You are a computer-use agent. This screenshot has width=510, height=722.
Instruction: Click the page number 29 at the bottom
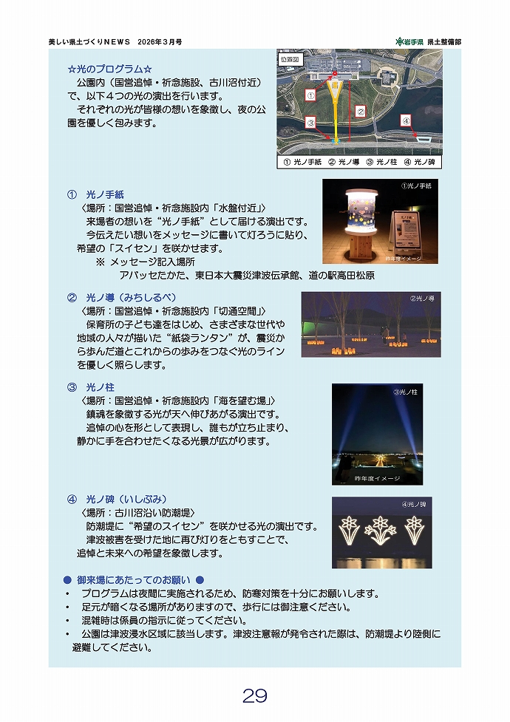[x=254, y=695]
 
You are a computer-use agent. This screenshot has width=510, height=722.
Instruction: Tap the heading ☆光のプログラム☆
[x=110, y=69]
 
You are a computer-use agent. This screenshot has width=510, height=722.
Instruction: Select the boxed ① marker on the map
[x=310, y=95]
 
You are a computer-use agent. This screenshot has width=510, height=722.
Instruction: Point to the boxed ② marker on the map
[x=361, y=112]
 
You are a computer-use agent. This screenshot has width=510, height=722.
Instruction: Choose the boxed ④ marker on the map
[x=407, y=120]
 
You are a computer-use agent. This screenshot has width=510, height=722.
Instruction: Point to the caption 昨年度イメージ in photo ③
[x=377, y=478]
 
